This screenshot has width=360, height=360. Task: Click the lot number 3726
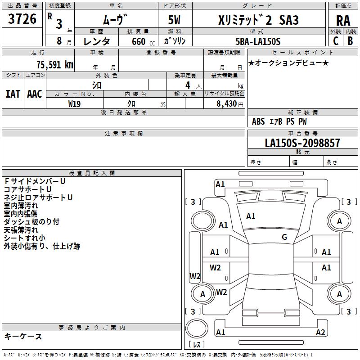click(x=22, y=19)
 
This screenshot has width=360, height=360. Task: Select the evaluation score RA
click(x=343, y=20)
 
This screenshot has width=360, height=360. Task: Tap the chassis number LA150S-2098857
click(x=302, y=144)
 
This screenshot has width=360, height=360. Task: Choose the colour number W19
click(x=74, y=103)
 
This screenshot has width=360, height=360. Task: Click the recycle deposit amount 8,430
click(x=225, y=103)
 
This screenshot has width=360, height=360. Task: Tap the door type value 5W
click(x=175, y=20)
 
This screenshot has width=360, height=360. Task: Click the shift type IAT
click(x=13, y=94)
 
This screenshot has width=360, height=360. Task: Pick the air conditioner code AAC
click(x=35, y=94)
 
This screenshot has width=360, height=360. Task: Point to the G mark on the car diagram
click(x=284, y=237)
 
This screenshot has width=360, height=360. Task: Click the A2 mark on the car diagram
click(x=320, y=333)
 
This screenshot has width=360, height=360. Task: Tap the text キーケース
click(x=23, y=337)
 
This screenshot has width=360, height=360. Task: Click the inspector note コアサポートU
click(x=28, y=189)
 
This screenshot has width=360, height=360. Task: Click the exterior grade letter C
click(x=336, y=41)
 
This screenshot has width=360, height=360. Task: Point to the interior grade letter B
click(x=351, y=41)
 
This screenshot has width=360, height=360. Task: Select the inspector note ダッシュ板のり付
click(x=31, y=222)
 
